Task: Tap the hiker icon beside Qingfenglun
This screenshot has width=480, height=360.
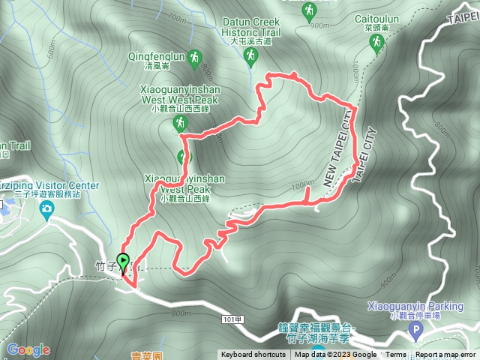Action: click(x=195, y=57)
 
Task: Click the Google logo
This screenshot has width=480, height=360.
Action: click(x=28, y=349)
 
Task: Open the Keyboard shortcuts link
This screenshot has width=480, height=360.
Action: click(x=253, y=355)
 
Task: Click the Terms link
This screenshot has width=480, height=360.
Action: click(x=396, y=355)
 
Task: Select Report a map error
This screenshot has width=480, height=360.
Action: click(x=446, y=355)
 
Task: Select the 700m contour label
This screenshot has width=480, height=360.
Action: click(x=177, y=16)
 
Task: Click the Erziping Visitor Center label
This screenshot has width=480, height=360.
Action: click(x=52, y=185)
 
